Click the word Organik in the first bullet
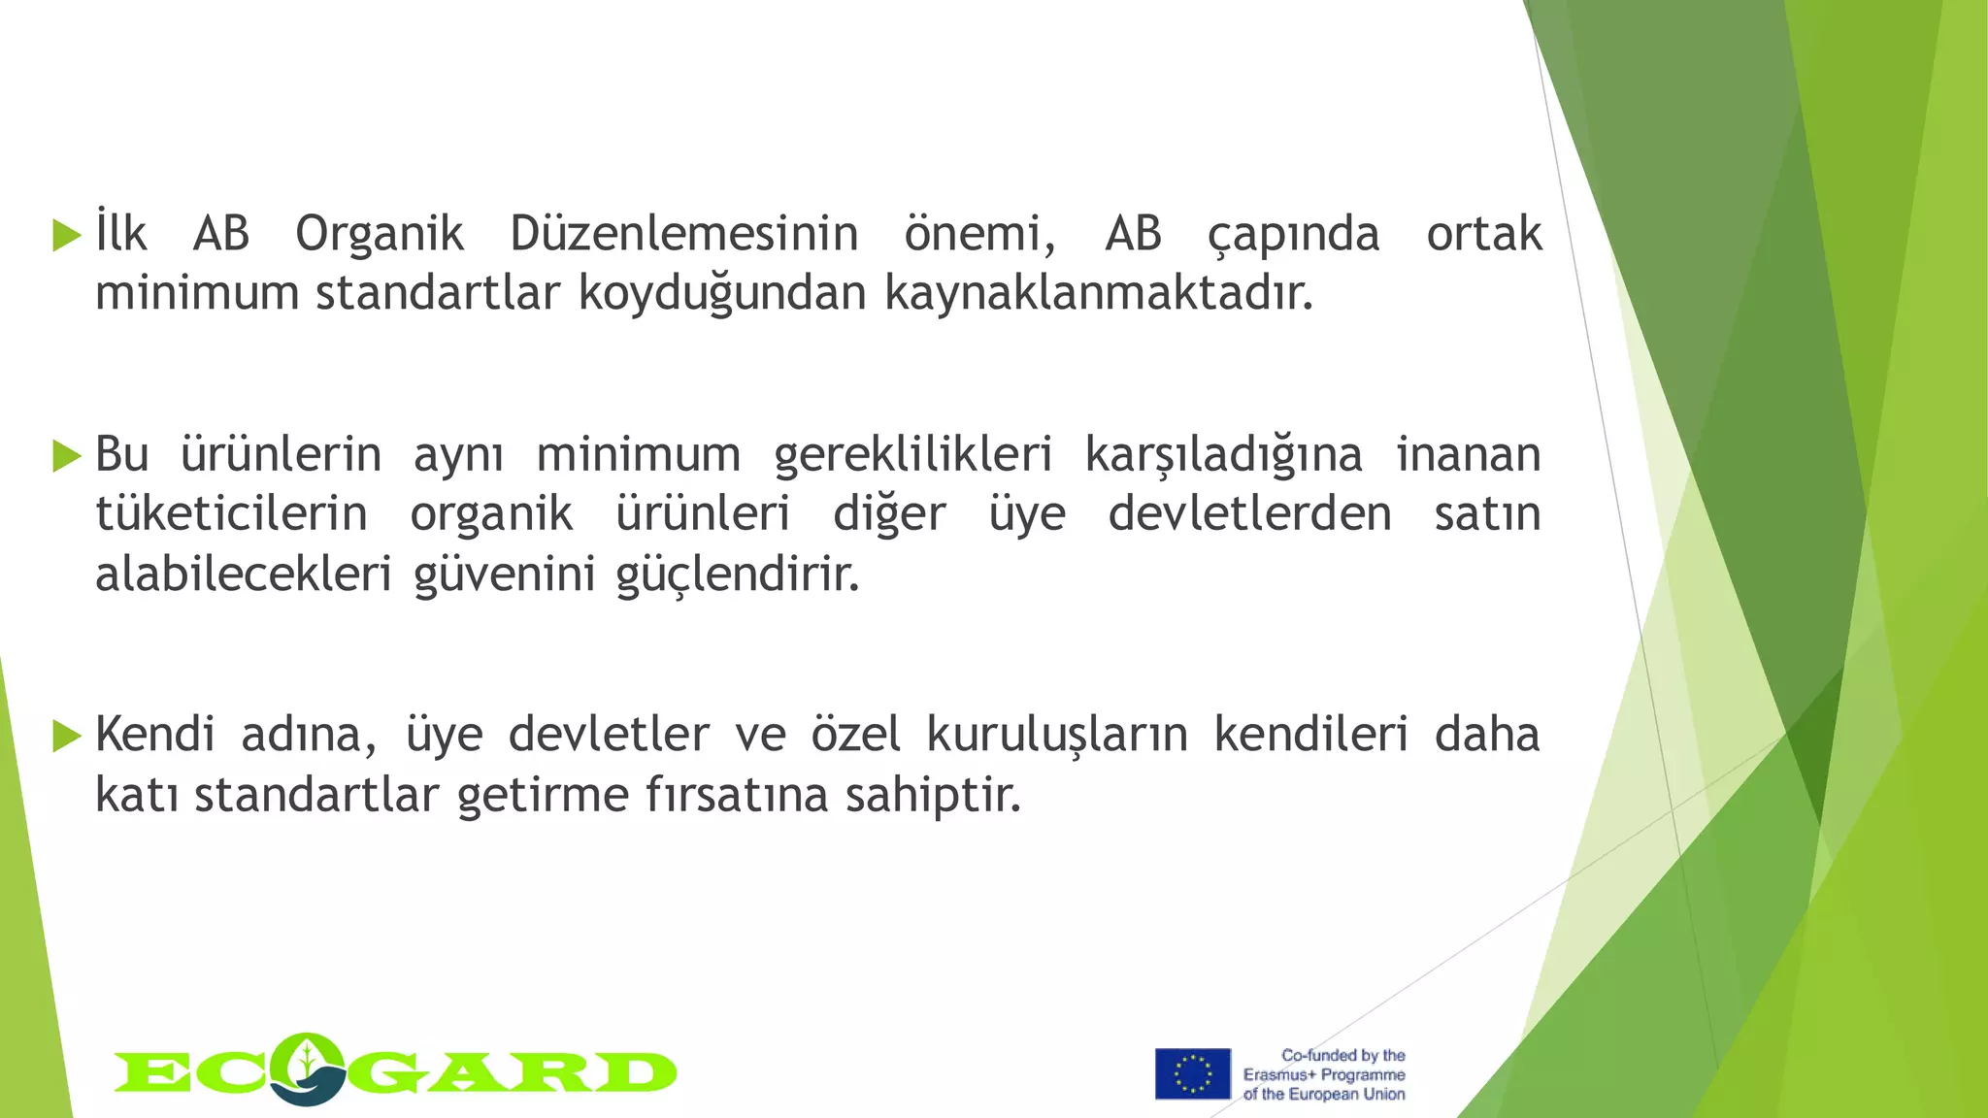tap(380, 235)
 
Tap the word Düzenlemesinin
tap(684, 235)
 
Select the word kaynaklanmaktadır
tap(1099, 293)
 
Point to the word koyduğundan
tap(722, 293)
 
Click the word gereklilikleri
tap(912, 455)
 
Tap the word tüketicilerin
tap(231, 514)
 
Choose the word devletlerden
tap(1249, 514)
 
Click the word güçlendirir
tap(738, 575)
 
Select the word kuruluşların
tap(1057, 735)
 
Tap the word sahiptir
tap(933, 796)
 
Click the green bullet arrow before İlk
tap(67, 235)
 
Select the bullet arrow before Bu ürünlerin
tap(67, 455)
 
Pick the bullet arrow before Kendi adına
tap(67, 736)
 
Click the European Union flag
tap(1192, 1073)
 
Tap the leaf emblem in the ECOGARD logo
tap(308, 1067)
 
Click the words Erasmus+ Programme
tap(1324, 1074)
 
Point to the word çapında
tap(1293, 235)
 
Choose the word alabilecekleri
tap(243, 575)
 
